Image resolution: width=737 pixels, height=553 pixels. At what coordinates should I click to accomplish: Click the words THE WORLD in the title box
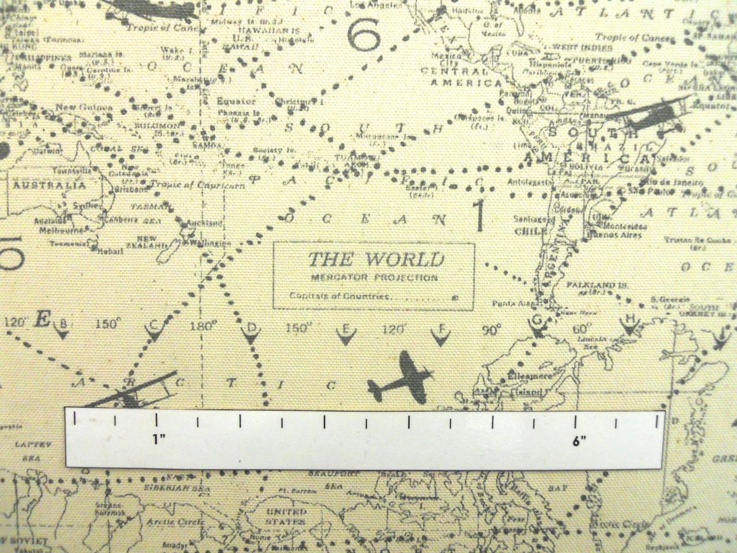(376, 260)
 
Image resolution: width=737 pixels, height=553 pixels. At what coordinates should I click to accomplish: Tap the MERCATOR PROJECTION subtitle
(374, 278)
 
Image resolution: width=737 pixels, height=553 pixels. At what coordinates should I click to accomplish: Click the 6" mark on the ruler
(578, 441)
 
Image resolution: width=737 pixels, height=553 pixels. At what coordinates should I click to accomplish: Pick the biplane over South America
(649, 115)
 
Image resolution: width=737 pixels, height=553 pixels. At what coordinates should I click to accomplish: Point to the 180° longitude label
(203, 325)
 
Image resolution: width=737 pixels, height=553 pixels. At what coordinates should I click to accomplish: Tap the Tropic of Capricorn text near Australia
(197, 185)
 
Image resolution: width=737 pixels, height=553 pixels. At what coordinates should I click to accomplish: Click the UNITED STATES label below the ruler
(289, 516)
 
